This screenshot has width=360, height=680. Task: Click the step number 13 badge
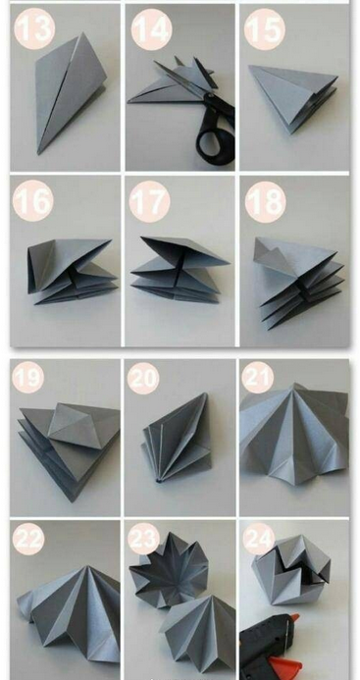34,28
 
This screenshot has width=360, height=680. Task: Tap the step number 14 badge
151,29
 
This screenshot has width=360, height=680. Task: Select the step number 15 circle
265,29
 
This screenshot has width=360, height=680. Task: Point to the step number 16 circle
33,201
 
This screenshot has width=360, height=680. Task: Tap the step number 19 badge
28,378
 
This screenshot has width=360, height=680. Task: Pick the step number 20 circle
143,378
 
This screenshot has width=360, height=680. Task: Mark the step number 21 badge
258,378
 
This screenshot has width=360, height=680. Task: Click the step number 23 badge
143,539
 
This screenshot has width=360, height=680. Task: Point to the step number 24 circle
259,539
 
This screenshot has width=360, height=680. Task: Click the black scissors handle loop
213,139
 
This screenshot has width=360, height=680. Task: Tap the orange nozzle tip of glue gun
295,617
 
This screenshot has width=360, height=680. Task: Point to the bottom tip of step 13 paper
39,153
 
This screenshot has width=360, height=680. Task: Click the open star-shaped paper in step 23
170,569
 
